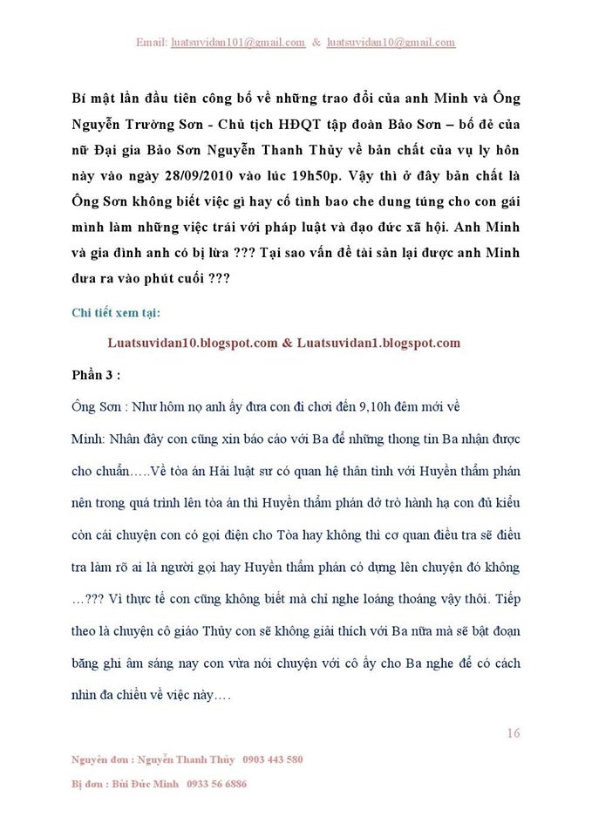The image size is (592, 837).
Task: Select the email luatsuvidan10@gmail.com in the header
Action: pos(391,42)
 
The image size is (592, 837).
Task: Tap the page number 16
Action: pos(513,733)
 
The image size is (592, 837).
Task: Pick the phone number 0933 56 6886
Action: pos(215,784)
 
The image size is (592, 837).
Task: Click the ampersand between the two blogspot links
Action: pos(287,343)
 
